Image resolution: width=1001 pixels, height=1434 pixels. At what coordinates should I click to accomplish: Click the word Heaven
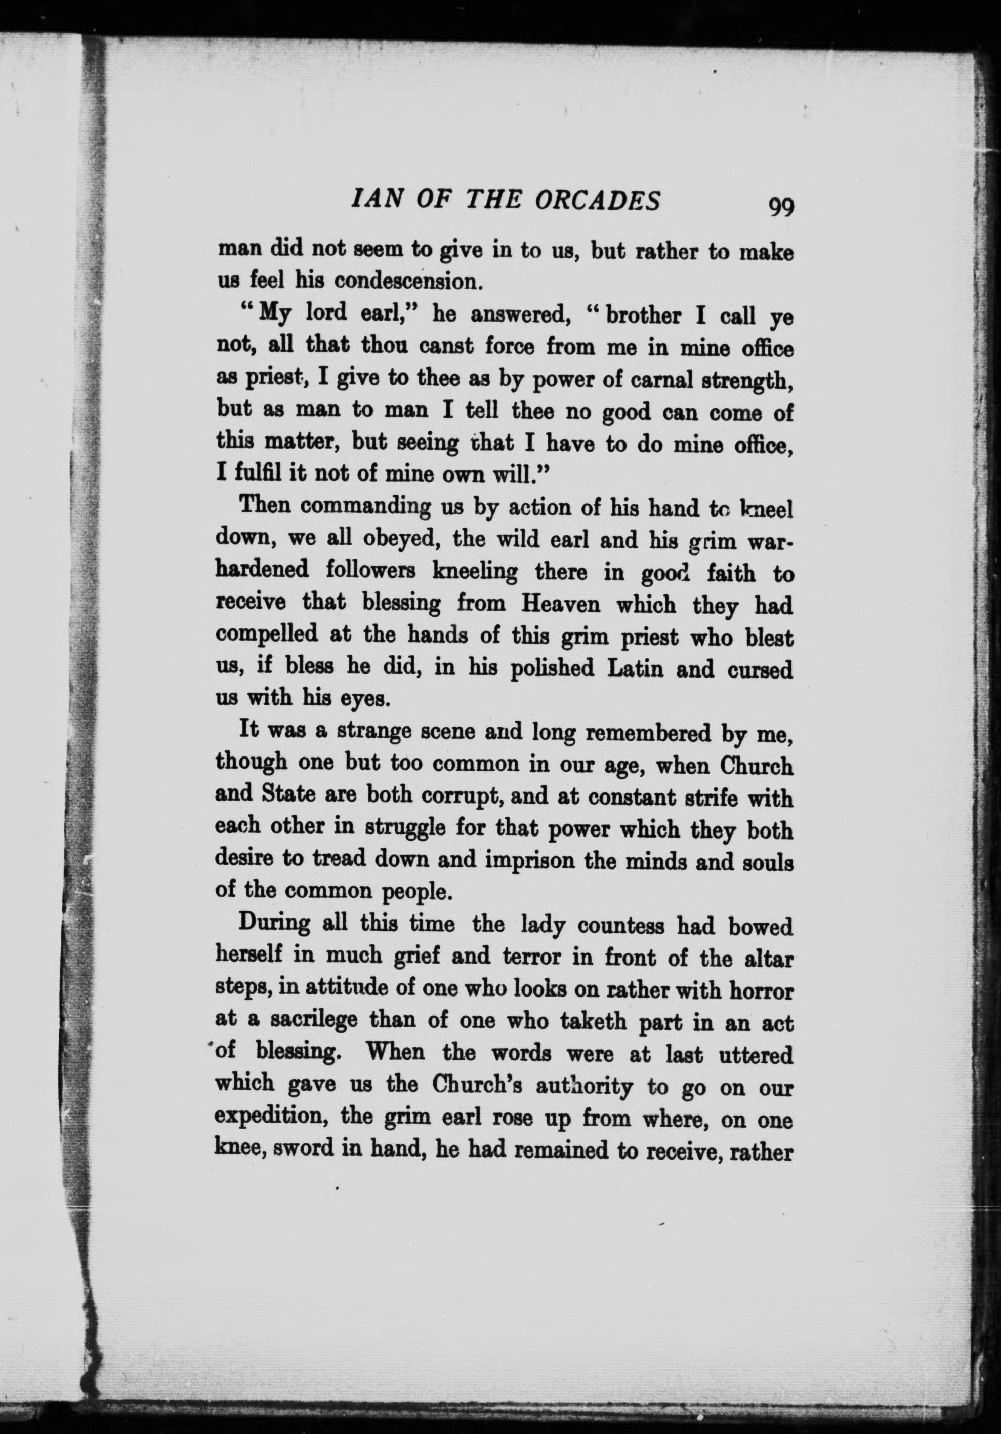565,604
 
